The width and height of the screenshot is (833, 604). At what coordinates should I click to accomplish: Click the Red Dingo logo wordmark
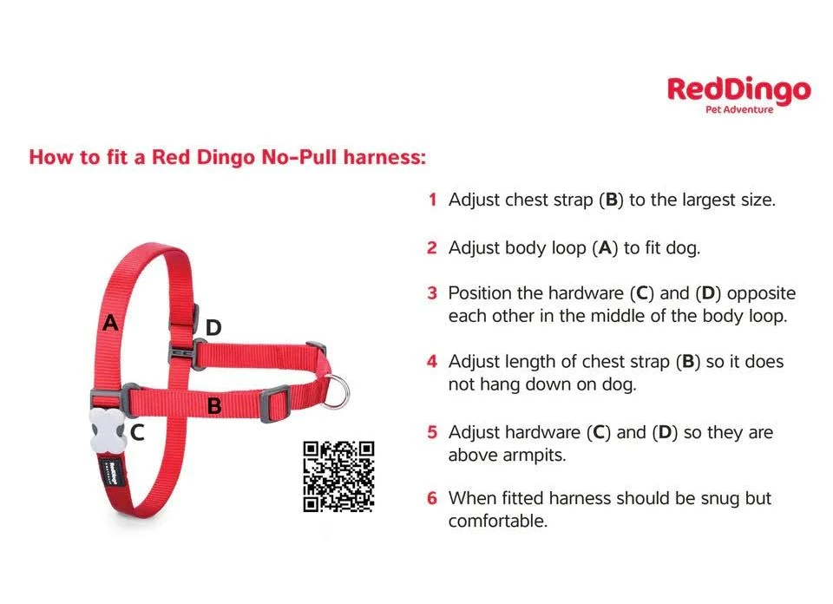tap(739, 90)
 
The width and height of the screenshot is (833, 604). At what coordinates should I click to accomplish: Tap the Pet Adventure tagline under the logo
tap(739, 109)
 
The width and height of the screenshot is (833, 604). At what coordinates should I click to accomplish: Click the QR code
tap(338, 476)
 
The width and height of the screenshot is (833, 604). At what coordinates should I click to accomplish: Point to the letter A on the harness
tap(110, 323)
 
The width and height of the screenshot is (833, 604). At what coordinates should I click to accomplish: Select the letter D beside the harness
tap(213, 328)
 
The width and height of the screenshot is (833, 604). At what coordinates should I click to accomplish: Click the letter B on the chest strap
tap(214, 406)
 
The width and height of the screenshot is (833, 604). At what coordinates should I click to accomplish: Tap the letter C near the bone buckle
tap(137, 432)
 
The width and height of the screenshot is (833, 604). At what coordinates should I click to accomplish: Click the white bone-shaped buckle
tap(107, 430)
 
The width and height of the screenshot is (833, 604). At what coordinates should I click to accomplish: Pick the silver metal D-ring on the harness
tap(337, 391)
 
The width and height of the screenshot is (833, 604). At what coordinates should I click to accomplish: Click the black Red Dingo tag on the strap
tap(112, 469)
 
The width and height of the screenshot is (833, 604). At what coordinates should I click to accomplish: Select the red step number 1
tap(433, 200)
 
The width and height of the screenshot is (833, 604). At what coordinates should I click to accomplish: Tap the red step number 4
tap(432, 362)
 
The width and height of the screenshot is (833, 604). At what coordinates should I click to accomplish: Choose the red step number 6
tap(432, 498)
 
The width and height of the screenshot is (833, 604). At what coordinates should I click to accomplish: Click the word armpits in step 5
tap(533, 456)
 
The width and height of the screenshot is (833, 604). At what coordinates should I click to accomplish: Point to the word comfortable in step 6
tap(497, 522)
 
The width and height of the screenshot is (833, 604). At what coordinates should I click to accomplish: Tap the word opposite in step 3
tap(761, 294)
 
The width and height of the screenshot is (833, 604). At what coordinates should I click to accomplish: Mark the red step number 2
tap(432, 248)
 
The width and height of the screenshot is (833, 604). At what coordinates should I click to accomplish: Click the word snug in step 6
tap(720, 499)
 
